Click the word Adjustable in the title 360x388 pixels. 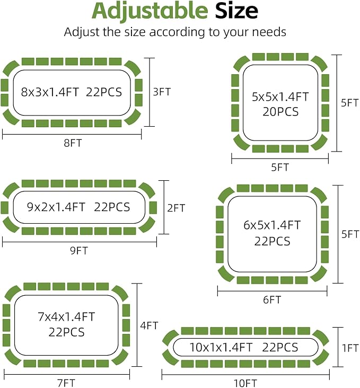click(150, 11)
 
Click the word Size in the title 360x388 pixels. click(237, 11)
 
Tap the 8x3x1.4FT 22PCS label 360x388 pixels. click(72, 92)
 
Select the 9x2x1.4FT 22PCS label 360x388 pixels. click(78, 207)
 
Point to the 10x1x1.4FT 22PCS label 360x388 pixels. click(244, 348)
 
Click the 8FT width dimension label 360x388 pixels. click(73, 143)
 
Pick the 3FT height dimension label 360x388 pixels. click(162, 92)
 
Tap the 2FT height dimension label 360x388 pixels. click(176, 208)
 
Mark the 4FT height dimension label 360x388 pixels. click(149, 325)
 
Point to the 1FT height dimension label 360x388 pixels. click(350, 348)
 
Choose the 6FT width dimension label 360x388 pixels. click(272, 299)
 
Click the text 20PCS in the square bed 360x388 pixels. click(280, 112)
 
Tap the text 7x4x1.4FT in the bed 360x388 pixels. click(66, 317)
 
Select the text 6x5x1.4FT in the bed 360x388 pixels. click(272, 225)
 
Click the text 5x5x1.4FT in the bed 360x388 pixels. click(280, 97)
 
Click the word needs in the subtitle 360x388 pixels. click(266, 32)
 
